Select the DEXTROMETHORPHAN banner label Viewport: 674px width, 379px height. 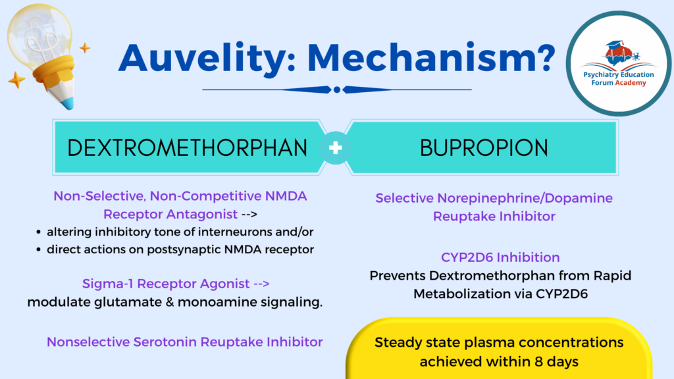point(188,147)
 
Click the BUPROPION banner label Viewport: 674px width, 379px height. point(484,147)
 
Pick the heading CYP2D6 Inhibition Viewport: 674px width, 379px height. point(500,257)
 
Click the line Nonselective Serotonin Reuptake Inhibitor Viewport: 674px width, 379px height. point(184,342)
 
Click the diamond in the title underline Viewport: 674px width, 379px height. point(337,89)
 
